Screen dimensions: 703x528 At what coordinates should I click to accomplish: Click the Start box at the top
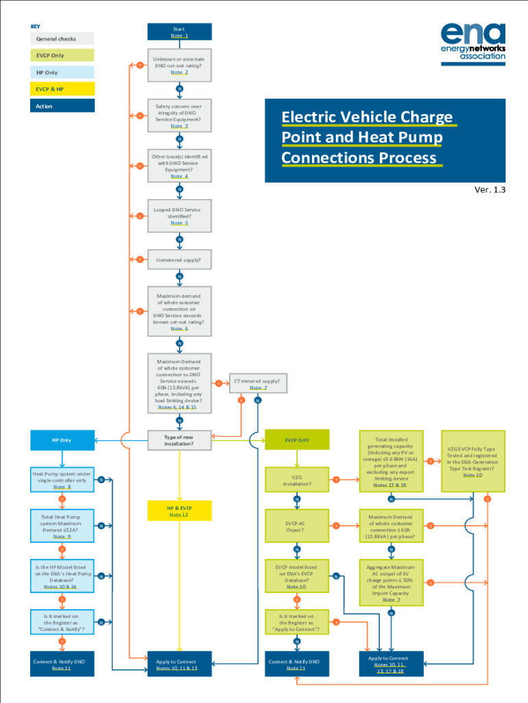coord(180,32)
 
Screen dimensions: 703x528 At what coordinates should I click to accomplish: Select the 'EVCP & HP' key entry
coord(62,89)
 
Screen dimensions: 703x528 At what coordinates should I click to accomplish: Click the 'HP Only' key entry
coord(62,72)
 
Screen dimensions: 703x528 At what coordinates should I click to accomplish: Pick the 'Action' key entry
coord(62,106)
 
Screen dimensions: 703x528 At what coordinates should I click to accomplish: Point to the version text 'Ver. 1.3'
coord(490,189)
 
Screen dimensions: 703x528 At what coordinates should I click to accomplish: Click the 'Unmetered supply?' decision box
coord(180,260)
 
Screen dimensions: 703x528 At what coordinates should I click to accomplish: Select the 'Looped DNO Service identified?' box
coord(180,216)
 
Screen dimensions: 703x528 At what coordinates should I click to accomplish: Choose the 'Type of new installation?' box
coord(180,440)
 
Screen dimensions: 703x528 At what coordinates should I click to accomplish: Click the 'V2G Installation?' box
coord(297,480)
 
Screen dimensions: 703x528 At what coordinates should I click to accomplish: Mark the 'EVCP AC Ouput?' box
coord(297,527)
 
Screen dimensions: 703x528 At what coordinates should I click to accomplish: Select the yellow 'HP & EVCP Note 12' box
coord(180,511)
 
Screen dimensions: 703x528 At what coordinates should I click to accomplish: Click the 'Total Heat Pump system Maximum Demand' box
coord(62,526)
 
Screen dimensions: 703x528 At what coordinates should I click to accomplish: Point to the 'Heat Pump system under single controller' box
coord(62,480)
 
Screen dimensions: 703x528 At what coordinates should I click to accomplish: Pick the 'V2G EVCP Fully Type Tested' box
coord(472,461)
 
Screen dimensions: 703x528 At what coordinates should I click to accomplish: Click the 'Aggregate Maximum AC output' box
coord(391,582)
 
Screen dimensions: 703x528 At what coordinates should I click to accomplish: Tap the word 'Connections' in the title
coord(324,158)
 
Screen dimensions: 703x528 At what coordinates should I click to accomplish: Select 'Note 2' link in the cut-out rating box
coord(180,72)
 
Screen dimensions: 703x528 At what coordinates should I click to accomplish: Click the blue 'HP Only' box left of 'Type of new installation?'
coord(62,440)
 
